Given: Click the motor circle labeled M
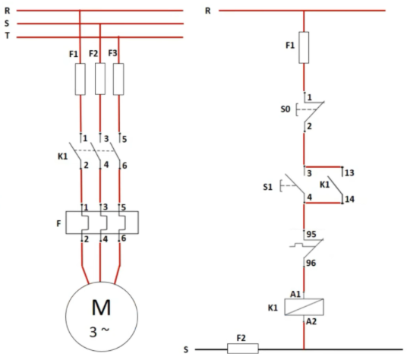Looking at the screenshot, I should point(100,320).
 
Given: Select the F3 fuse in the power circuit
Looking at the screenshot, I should point(118,79).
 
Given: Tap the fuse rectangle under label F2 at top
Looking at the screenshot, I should point(100,79).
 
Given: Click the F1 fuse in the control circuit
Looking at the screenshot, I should point(304,48).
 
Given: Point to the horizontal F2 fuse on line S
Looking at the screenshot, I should point(243,349).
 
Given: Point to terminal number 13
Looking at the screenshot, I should point(350,172).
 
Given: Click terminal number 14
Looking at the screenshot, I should point(350,199).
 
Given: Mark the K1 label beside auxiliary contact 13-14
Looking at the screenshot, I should point(324,185).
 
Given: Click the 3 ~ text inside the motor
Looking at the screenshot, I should point(101,332).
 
